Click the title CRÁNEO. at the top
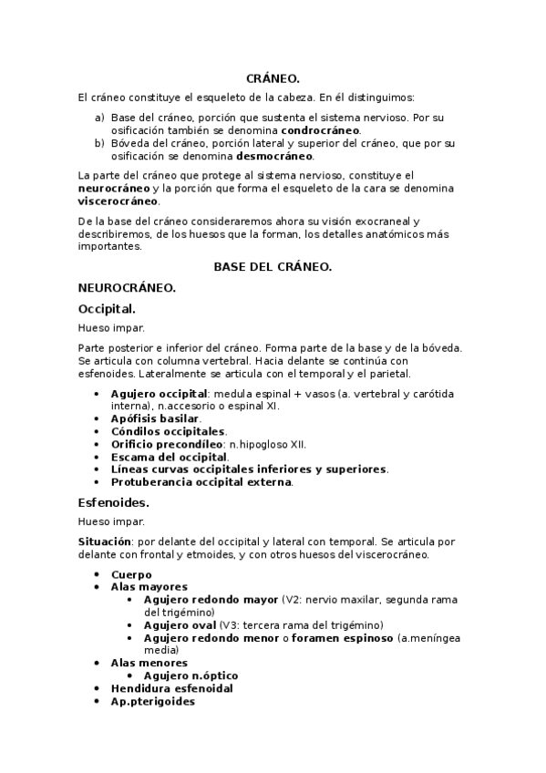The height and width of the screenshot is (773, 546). tap(273, 80)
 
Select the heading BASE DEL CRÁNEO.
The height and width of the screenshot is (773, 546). tap(273, 267)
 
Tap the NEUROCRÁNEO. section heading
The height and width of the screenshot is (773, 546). tap(128, 287)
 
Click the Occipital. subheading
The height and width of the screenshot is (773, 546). tap(108, 308)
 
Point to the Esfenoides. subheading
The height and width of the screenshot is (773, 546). tap(115, 502)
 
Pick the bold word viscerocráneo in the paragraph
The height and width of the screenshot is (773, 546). tap(118, 201)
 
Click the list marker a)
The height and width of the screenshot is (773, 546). tap(99, 118)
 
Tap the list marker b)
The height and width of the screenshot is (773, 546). tap(99, 143)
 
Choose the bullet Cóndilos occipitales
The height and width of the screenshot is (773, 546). tap(168, 431)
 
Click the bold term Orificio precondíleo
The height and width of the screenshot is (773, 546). tap(168, 444)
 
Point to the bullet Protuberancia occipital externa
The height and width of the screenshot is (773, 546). tap(201, 482)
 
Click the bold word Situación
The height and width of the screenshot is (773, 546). tap(106, 541)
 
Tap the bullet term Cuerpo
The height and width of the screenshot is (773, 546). tap(131, 574)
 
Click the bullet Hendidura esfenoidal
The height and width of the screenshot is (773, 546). tap(171, 688)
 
